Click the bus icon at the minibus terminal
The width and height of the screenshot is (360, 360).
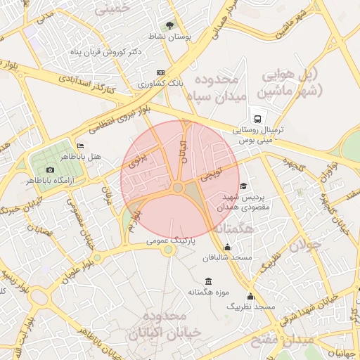(x=259, y=119)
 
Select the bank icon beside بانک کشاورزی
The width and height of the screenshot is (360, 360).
(x=161, y=73)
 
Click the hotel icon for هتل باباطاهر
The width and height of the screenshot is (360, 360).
(x=80, y=146)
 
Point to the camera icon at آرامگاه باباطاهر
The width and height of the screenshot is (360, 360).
(x=50, y=170)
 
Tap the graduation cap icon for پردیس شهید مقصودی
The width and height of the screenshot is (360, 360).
(x=243, y=186)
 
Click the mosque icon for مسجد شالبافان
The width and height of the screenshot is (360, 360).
(x=226, y=247)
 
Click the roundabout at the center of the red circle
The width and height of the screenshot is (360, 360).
(x=178, y=188)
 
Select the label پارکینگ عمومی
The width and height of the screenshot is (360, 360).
(x=171, y=240)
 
